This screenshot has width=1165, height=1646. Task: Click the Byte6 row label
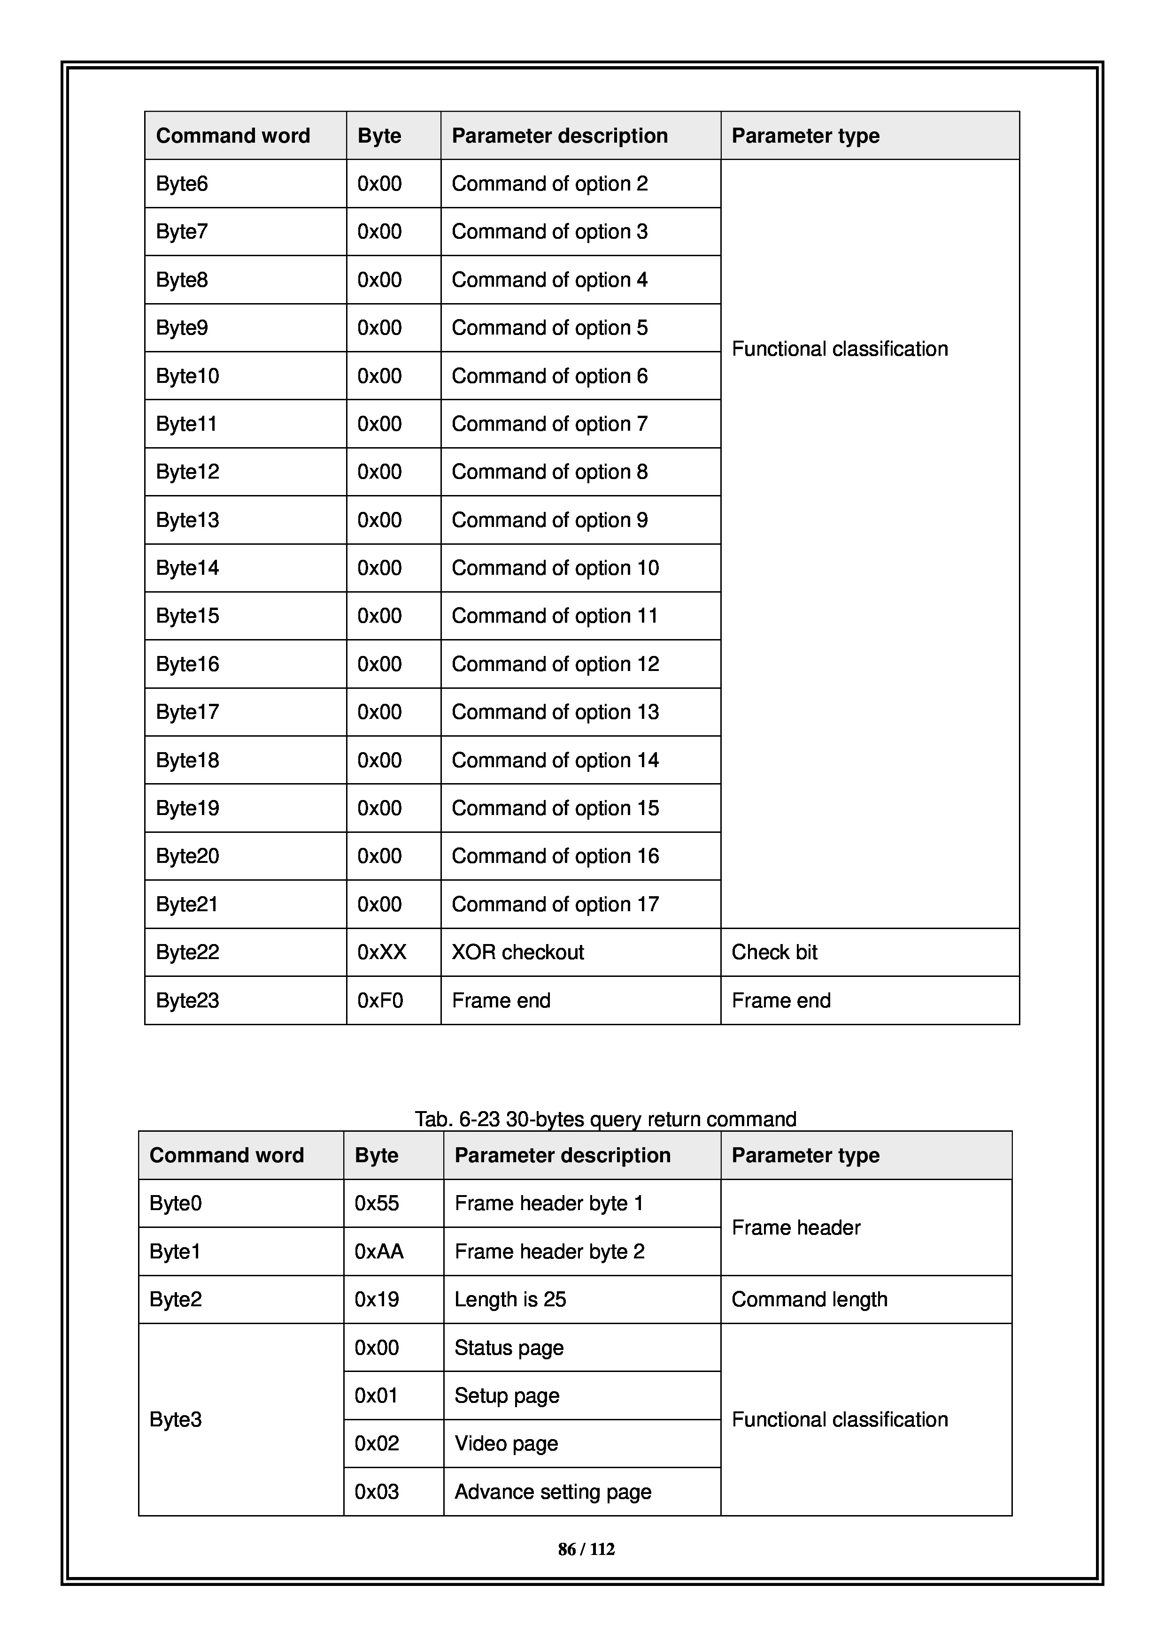pos(182,184)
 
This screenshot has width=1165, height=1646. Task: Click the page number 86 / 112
pos(586,1549)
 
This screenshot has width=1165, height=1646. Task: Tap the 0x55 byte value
pos(377,1203)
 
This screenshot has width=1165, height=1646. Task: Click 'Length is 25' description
pos(510,1299)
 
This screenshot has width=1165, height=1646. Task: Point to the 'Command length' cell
pos(809,1299)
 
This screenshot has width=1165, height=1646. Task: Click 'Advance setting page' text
pos(552,1492)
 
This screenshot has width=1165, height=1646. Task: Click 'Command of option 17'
pos(555,904)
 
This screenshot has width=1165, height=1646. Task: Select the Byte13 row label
pos(187,520)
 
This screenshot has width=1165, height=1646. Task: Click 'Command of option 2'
pos(549,184)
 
